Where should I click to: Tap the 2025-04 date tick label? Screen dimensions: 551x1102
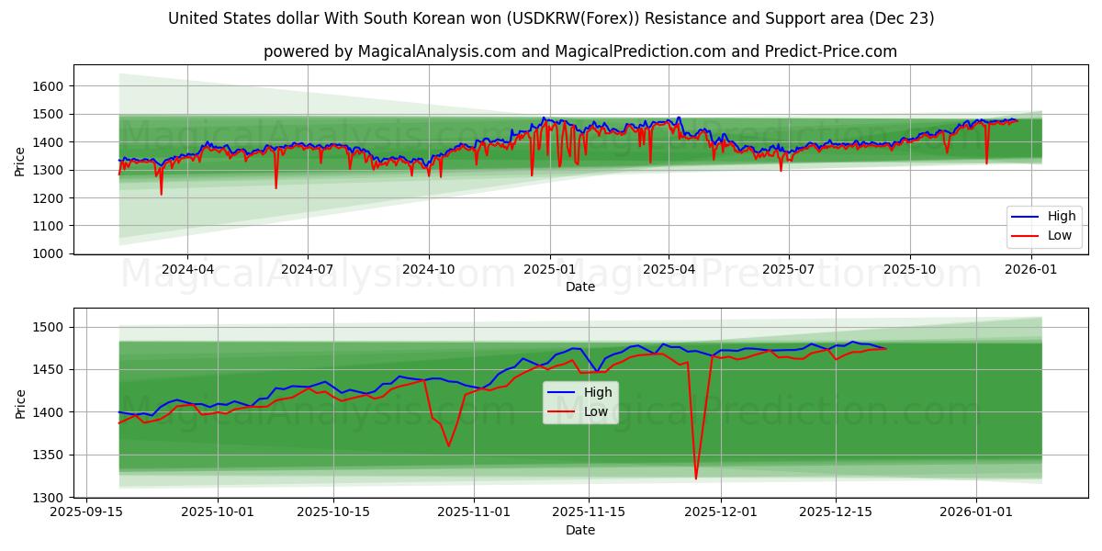click(669, 269)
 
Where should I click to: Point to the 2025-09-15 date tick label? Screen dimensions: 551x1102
click(87, 512)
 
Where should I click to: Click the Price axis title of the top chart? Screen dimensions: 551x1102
click(20, 160)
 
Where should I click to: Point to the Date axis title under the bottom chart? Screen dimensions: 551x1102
click(579, 530)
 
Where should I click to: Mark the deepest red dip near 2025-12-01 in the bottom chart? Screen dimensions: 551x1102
click(695, 478)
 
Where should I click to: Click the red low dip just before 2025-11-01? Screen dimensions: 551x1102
click(448, 445)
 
